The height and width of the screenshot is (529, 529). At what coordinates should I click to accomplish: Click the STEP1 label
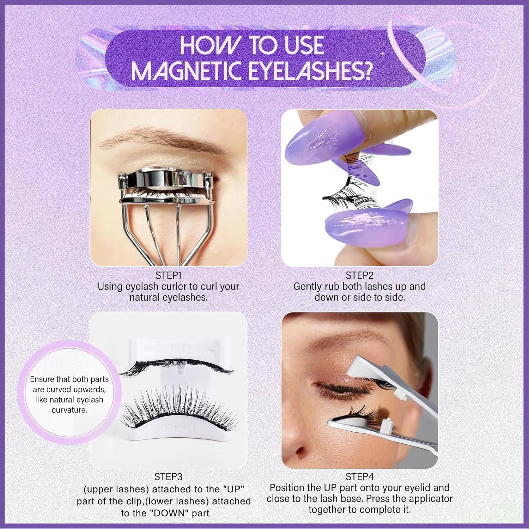pyautogui.click(x=168, y=275)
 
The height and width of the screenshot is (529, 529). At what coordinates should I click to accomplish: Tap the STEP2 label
pyautogui.click(x=359, y=275)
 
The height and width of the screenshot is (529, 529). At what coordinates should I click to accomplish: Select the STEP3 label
pyautogui.click(x=168, y=477)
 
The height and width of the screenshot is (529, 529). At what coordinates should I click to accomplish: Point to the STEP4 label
pyautogui.click(x=359, y=477)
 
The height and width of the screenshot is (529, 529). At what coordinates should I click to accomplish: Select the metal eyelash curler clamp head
pyautogui.click(x=166, y=183)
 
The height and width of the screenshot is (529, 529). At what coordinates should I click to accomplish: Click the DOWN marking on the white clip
pyautogui.click(x=176, y=429)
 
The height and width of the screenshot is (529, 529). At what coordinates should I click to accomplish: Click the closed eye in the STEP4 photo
pyautogui.click(x=339, y=391)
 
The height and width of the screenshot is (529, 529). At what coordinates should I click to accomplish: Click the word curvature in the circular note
pyautogui.click(x=69, y=410)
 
